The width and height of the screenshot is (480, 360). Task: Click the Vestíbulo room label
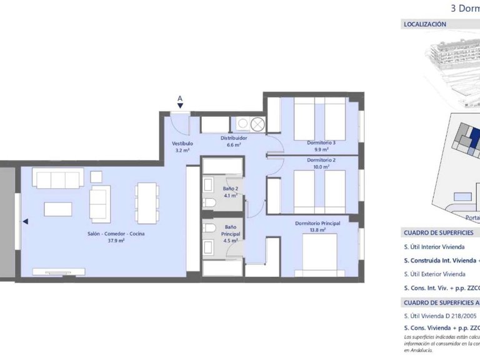pos(182,143)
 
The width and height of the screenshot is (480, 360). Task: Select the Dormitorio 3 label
pos(321,142)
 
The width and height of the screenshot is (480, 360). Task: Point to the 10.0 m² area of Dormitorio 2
pos(321,166)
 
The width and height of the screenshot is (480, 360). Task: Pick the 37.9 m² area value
pos(116,240)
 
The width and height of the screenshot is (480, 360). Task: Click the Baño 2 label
pos(230,188)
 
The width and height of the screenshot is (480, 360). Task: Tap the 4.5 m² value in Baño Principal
pos(230,239)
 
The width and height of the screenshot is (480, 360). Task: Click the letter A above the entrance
pos(180,98)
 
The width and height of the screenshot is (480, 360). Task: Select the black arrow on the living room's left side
pos(25,221)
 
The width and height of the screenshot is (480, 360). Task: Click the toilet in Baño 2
pos(211,202)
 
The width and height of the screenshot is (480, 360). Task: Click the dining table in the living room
pos(147,202)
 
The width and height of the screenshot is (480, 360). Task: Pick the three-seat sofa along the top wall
pos(58,179)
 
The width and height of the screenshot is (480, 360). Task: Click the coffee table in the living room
pos(58,209)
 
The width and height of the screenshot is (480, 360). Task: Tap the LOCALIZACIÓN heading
pos(425,24)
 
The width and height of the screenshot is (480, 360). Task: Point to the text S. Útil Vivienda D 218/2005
pos(440,316)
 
